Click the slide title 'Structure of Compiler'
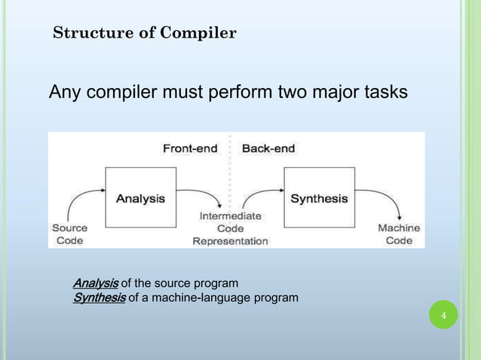(145, 33)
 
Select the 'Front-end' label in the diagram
(190, 148)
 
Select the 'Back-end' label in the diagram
(268, 148)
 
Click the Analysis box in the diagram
(139, 197)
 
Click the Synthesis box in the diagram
(319, 197)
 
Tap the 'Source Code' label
(69, 233)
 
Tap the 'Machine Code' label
(399, 233)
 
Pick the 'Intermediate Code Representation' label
(230, 228)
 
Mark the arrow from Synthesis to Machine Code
(383, 197)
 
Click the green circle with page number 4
(443, 314)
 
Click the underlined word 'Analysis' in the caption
(95, 283)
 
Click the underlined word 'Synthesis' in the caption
(99, 298)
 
